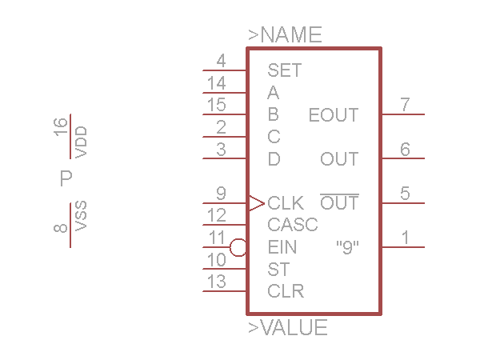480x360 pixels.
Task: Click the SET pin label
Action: point(284,70)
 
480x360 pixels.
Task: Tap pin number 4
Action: point(221,61)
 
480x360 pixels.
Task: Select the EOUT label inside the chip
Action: point(334,115)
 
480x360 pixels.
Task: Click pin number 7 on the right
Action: point(405,105)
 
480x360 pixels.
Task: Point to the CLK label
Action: point(286,202)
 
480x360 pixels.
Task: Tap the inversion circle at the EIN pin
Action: point(238,247)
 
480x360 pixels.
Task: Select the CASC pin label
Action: point(293,225)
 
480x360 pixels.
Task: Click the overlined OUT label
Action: point(339,203)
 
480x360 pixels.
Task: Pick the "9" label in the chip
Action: point(346,247)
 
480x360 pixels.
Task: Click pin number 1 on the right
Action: point(405,237)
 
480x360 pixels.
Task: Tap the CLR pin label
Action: point(286,290)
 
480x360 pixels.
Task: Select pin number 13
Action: point(216,282)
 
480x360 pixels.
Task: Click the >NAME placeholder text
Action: point(285,35)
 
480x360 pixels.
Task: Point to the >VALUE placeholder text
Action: point(288,328)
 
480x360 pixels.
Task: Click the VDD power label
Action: point(80,142)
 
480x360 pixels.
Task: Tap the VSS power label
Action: point(80,215)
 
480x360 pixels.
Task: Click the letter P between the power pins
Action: point(66,178)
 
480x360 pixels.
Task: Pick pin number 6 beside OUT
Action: point(405,149)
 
